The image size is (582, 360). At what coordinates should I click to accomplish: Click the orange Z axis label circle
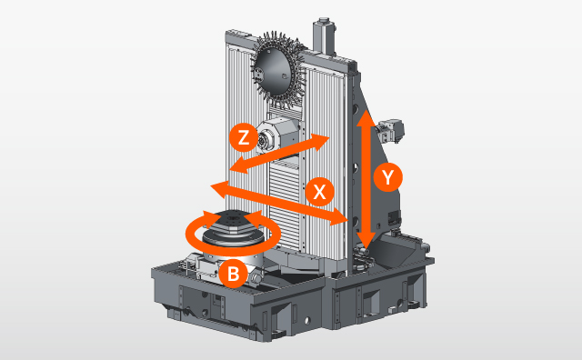242,138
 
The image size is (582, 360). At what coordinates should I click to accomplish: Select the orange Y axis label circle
388,177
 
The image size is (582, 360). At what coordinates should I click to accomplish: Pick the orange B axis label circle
233,272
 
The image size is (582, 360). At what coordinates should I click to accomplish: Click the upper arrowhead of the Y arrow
365,119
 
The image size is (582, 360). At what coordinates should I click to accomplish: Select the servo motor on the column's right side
389,130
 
